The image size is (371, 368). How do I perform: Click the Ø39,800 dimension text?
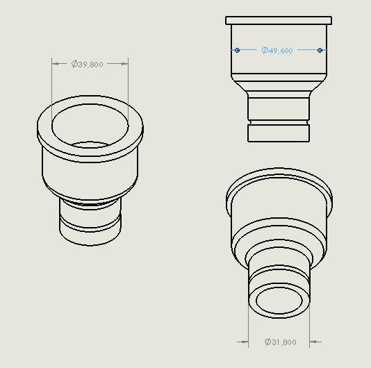pos(87,64)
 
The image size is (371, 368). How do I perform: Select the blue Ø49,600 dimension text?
pos(277,51)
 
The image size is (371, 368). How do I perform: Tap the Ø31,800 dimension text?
pos(281,342)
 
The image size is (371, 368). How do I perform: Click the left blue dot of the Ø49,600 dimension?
pos(238,50)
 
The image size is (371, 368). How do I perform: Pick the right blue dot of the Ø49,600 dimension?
pos(320,50)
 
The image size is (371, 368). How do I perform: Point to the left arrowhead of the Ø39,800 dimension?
pos(56,64)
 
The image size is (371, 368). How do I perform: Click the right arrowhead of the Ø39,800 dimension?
pos(124,64)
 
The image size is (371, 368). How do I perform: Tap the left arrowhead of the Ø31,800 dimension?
pos(245,342)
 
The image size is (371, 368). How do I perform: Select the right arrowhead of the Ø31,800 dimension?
pos(313,342)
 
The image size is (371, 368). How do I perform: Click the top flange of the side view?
pos(279,20)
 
